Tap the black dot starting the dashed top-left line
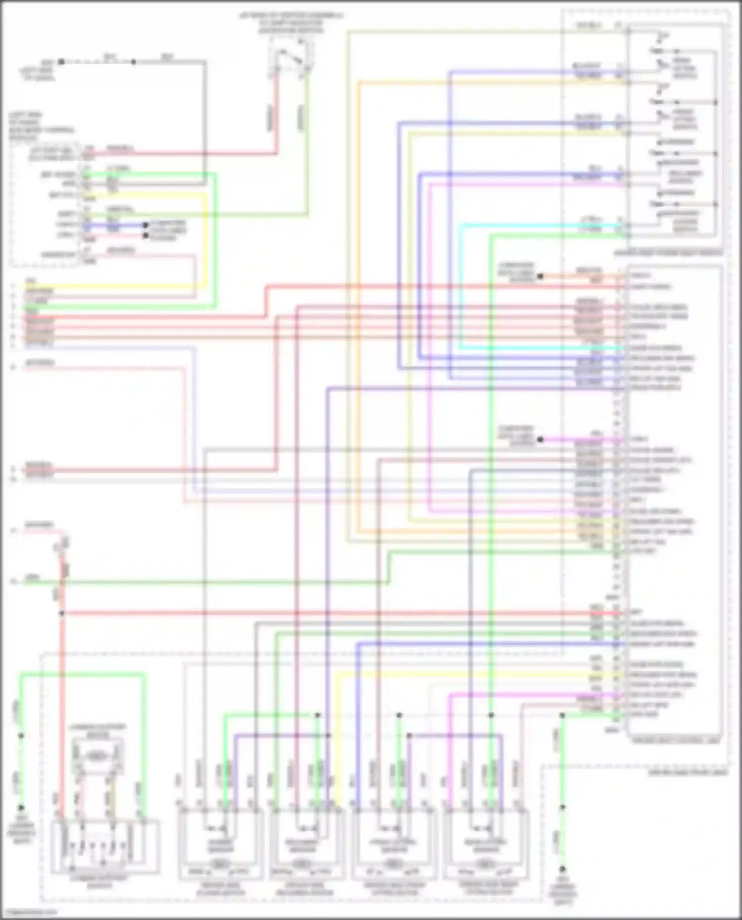[x=61, y=62]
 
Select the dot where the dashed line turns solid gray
[x=133, y=62]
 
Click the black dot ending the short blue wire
[x=145, y=225]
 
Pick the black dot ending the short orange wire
[x=540, y=276]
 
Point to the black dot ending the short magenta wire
[x=540, y=439]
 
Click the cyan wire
[x=461, y=287]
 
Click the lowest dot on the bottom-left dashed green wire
[x=21, y=807]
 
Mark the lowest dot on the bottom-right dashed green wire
[x=562, y=869]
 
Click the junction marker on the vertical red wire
[x=62, y=613]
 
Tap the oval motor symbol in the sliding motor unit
[x=221, y=864]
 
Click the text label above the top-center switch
[x=291, y=23]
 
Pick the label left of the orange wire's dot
[x=515, y=272]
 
